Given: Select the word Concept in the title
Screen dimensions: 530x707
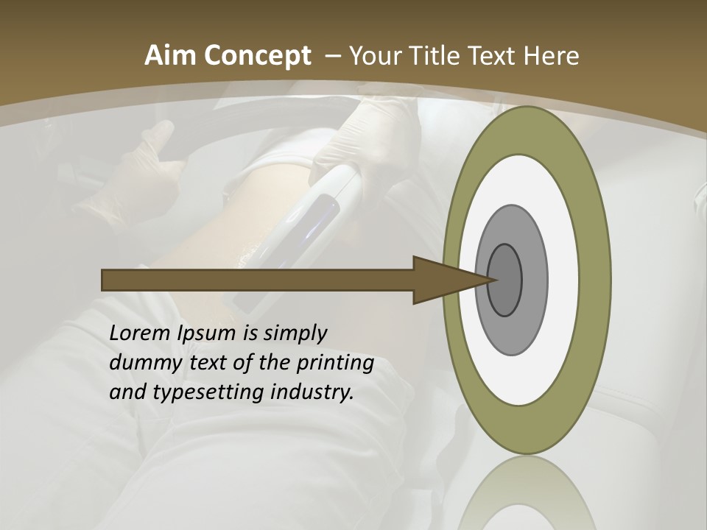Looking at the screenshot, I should click(257, 57).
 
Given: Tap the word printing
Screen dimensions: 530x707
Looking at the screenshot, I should click(335, 364).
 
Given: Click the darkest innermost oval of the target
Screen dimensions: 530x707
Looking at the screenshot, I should click(505, 280).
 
